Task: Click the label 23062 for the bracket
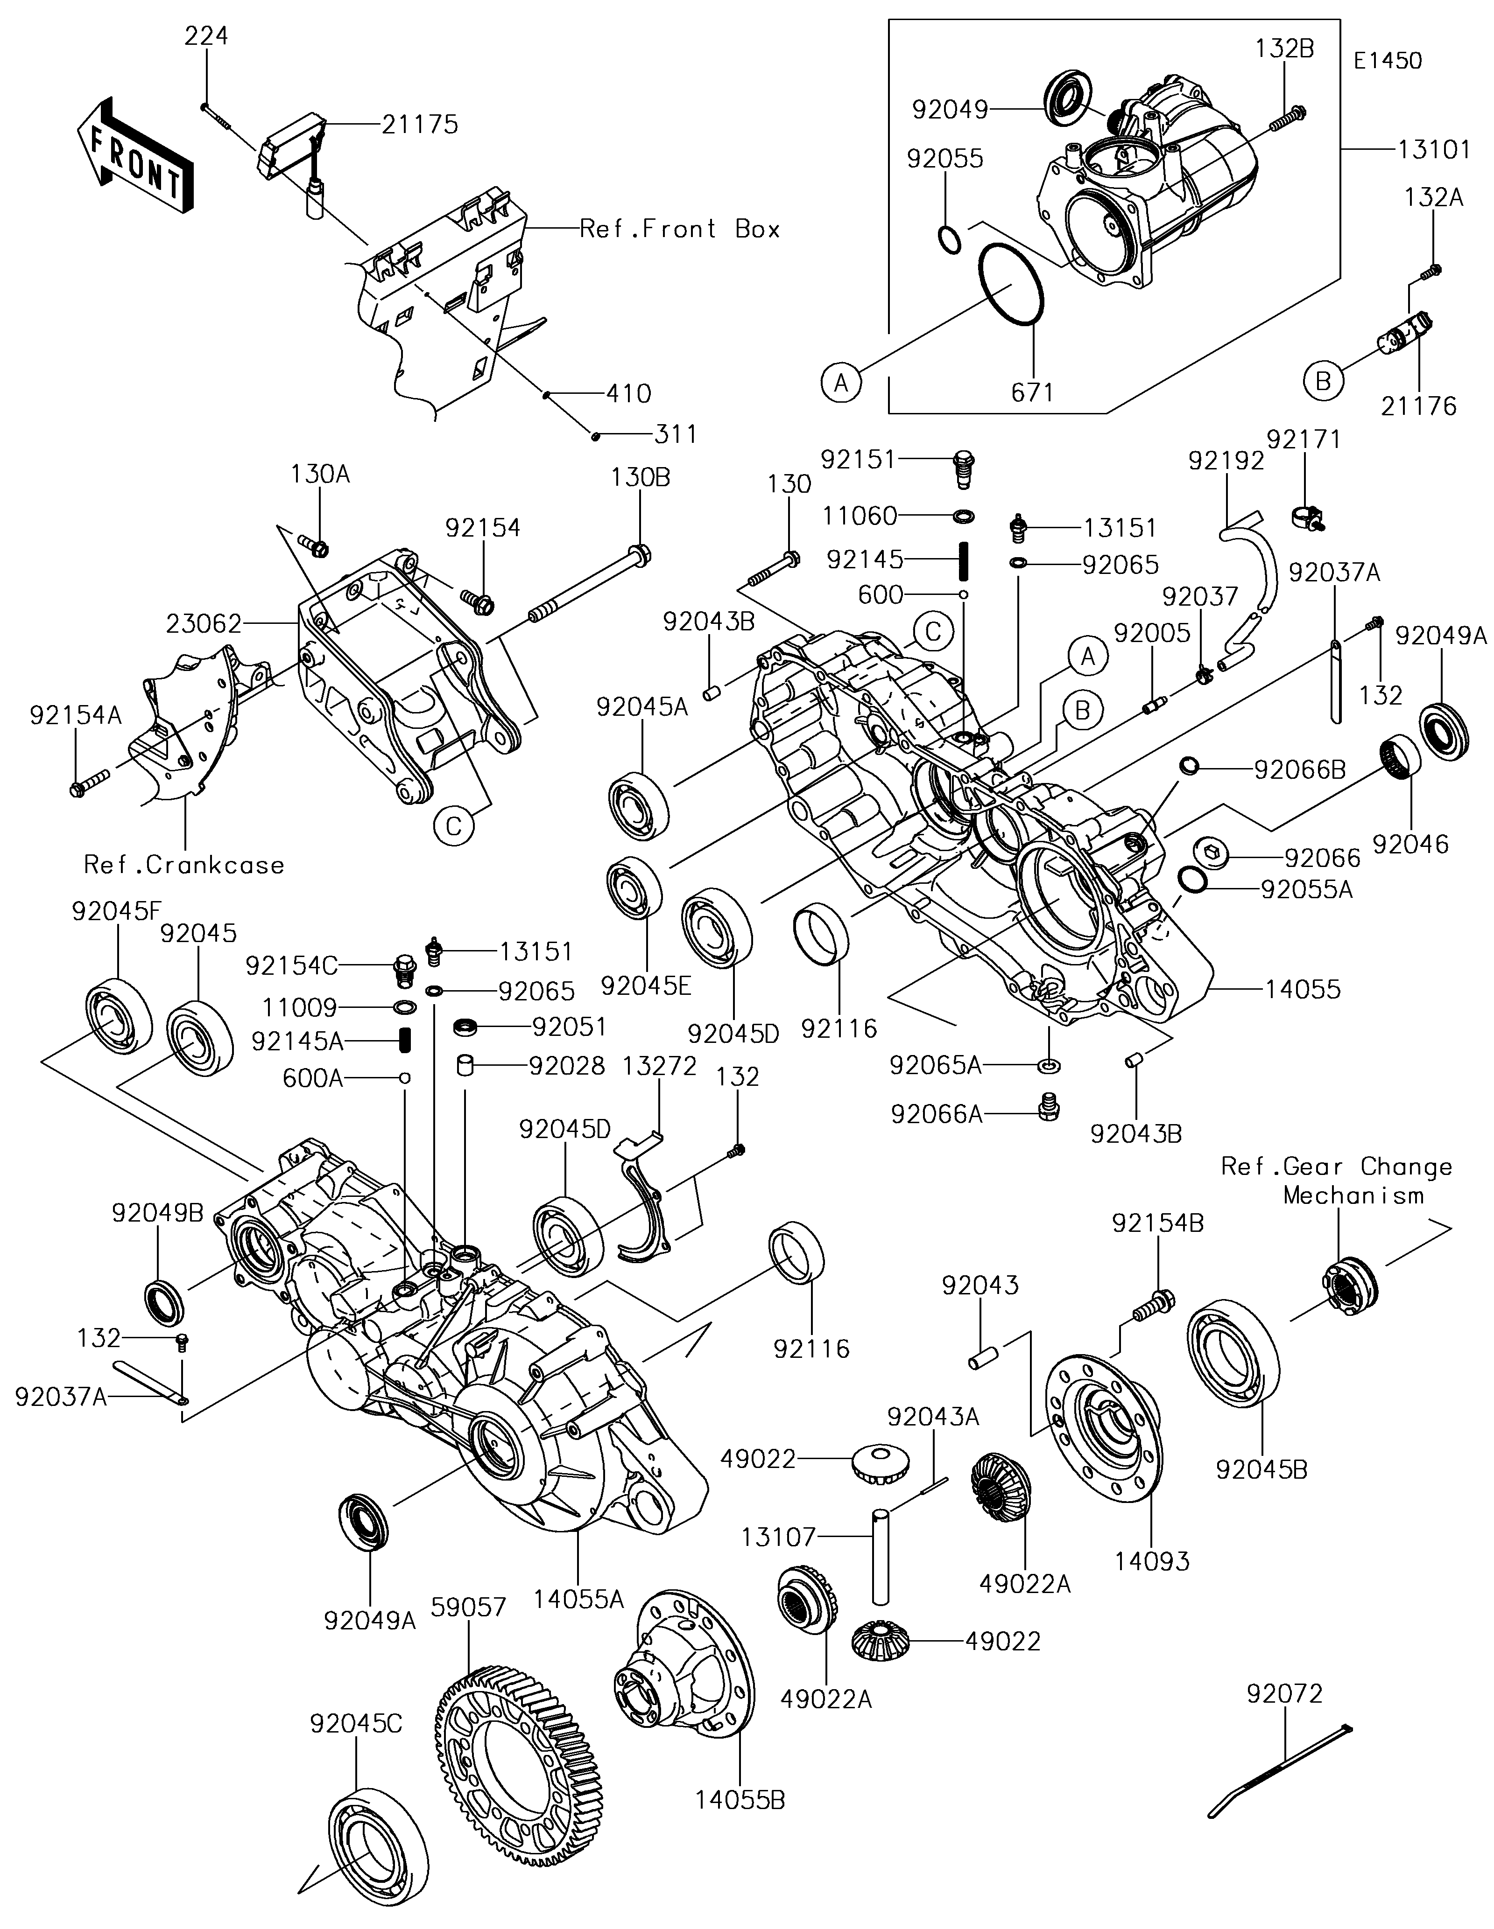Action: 203,624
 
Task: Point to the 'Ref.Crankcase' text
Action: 184,865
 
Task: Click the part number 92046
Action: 1411,845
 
